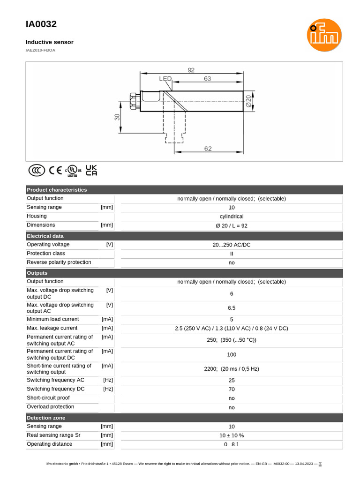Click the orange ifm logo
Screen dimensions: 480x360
pos(324,35)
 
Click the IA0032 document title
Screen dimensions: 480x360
pos(41,24)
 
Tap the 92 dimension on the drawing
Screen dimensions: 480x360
pos(191,70)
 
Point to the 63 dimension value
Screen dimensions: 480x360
pos(208,79)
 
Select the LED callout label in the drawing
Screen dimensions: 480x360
pos(165,79)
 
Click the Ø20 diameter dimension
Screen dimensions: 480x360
pos(248,102)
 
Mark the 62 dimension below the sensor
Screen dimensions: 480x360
pos(208,149)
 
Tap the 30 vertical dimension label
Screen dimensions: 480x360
pos(117,117)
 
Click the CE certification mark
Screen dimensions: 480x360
pos(55,170)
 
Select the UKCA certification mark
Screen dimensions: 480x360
pos(91,170)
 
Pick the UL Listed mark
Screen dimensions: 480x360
pos(73,171)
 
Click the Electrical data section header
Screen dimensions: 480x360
pos(45,236)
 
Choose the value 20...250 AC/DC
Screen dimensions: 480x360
pos(232,245)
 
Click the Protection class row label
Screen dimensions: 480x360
pos(45,254)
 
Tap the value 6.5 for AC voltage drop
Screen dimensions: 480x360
pos(232,308)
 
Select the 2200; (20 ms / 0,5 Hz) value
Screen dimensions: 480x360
pos(232,369)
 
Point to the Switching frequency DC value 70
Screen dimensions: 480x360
pos(232,389)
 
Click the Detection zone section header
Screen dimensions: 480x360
pos(46,418)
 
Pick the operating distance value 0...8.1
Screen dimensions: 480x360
pos(232,444)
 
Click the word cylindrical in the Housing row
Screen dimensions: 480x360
pos(232,217)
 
